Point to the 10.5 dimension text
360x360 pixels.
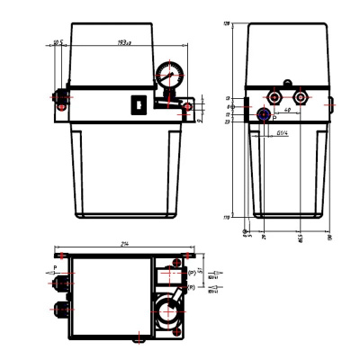click(x=57, y=41)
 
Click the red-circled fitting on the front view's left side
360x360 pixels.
click(x=61, y=94)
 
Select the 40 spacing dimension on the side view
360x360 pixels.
click(x=283, y=111)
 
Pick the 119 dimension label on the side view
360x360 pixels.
click(x=228, y=217)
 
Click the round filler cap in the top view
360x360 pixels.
click(x=166, y=310)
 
